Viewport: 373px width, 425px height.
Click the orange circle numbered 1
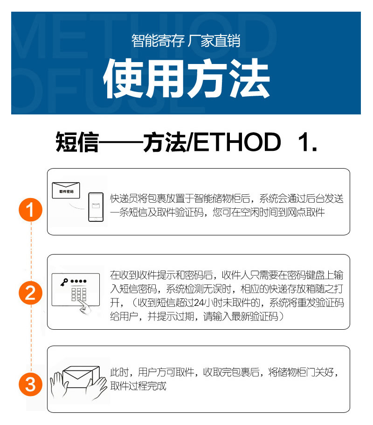[30, 210]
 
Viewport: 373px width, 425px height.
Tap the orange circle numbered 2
[30, 293]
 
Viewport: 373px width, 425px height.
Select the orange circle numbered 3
[30, 384]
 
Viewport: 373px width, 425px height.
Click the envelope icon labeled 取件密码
[66, 190]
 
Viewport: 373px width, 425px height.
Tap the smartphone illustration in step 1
[96, 207]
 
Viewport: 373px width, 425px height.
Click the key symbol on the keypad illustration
[64, 282]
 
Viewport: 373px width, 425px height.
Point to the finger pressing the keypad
[85, 307]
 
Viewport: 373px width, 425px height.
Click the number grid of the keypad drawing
[79, 294]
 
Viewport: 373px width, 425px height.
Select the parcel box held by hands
[80, 377]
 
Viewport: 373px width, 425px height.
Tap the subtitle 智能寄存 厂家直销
[186, 41]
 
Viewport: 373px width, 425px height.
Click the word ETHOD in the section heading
[237, 142]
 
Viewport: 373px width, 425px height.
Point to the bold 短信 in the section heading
[77, 142]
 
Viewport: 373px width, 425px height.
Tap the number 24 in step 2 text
[199, 302]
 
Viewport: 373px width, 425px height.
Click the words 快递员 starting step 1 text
[124, 198]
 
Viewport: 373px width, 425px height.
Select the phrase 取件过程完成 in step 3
[138, 386]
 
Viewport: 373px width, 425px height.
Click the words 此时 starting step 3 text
[119, 372]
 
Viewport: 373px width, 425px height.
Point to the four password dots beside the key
[78, 281]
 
